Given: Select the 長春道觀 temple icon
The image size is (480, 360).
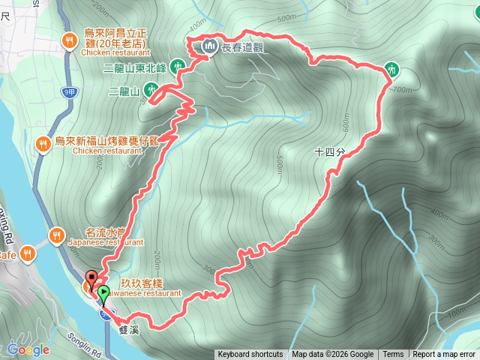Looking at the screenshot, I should click(x=208, y=47).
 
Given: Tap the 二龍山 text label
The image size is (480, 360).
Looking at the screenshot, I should click(x=124, y=91).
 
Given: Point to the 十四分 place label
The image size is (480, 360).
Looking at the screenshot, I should click(x=330, y=151).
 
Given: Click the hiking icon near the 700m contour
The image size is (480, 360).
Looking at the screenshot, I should click(x=390, y=70).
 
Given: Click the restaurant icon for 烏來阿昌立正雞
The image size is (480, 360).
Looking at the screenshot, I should click(x=69, y=40).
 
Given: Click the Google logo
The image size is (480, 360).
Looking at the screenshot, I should click(x=28, y=349).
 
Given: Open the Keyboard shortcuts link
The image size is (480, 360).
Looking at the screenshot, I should click(x=250, y=355).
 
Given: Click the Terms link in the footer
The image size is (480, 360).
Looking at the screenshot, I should click(x=393, y=355).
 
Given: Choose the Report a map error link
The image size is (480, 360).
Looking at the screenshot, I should click(x=443, y=355).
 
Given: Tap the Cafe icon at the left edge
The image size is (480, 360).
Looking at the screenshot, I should click(x=28, y=253).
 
